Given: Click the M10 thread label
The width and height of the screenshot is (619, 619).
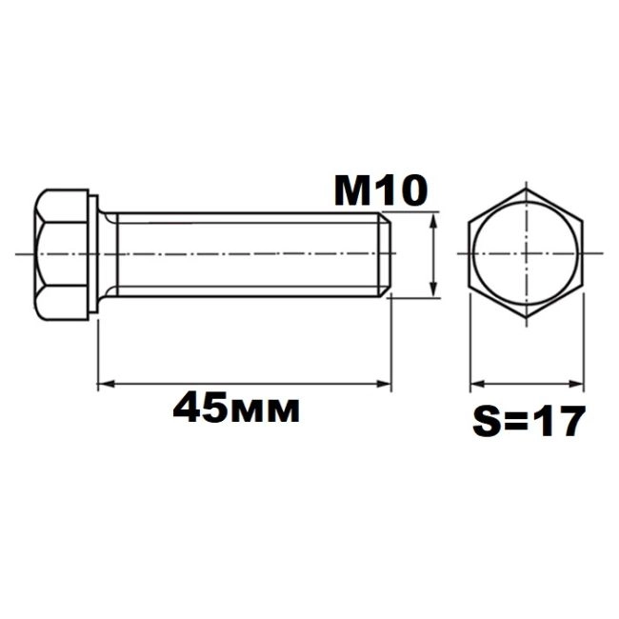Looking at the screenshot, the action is point(381,191).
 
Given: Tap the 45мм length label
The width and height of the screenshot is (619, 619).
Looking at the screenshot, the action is point(236,407).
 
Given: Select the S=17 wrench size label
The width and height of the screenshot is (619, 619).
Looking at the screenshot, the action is point(528,420).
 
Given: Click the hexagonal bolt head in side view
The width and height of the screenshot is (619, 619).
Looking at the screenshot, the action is point(61,254).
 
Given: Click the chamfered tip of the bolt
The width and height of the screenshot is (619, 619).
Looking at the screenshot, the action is point(386,254).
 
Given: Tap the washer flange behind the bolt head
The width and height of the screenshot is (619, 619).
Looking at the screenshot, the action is point(93,254).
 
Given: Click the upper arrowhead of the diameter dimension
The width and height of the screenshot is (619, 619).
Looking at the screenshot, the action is point(434,220).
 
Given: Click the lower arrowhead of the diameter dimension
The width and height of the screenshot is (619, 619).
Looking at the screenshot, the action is point(434,289).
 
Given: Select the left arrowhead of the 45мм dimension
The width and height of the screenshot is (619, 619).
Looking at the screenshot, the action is point(106,384).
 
